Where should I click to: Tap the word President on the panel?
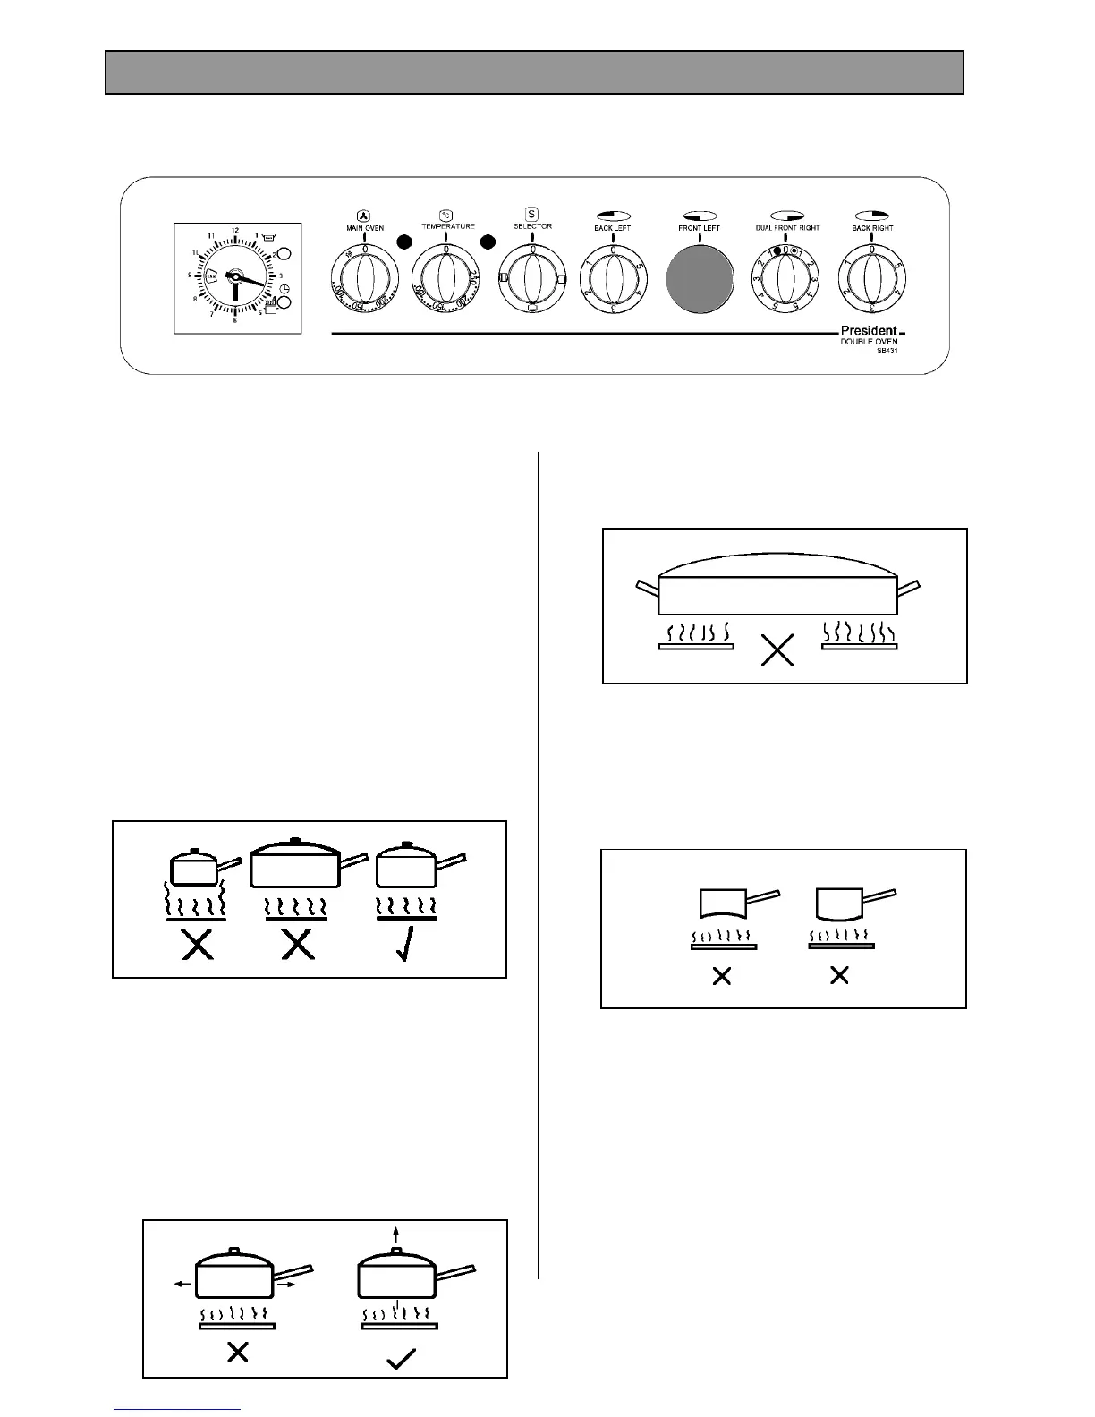click(869, 331)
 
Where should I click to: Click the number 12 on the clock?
click(234, 231)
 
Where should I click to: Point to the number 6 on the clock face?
click(235, 320)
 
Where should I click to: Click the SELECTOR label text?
click(532, 226)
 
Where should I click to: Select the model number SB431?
click(887, 352)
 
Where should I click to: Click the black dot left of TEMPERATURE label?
click(404, 241)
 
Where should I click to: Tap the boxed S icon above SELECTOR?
click(531, 214)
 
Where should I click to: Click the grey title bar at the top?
click(534, 72)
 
